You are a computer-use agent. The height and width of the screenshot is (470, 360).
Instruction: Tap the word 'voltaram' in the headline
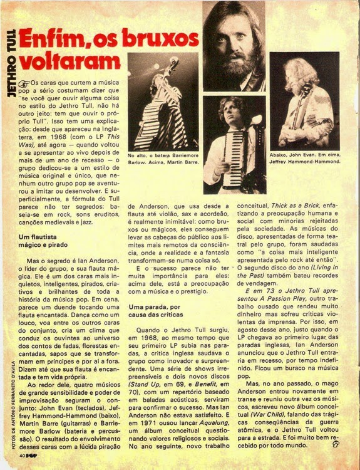(69, 61)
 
